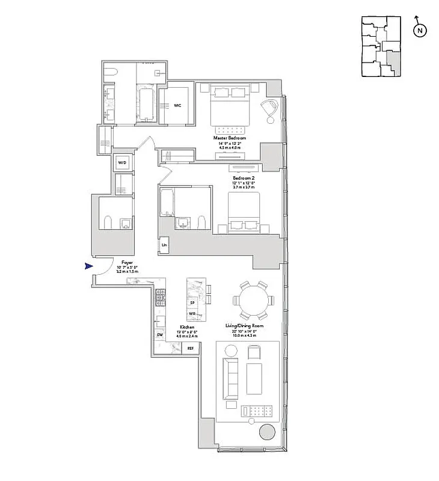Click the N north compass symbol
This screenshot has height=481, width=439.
[x=420, y=29]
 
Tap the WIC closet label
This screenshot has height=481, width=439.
[x=177, y=105]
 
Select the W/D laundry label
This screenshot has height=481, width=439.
[x=122, y=163]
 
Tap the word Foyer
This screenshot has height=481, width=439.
[x=127, y=263]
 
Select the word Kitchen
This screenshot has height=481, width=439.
[x=186, y=327]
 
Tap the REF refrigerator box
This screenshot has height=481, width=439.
[x=190, y=348]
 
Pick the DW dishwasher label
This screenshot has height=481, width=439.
[x=160, y=334]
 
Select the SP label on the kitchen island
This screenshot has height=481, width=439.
[x=192, y=303]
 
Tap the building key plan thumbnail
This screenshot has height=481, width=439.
[x=381, y=47]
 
